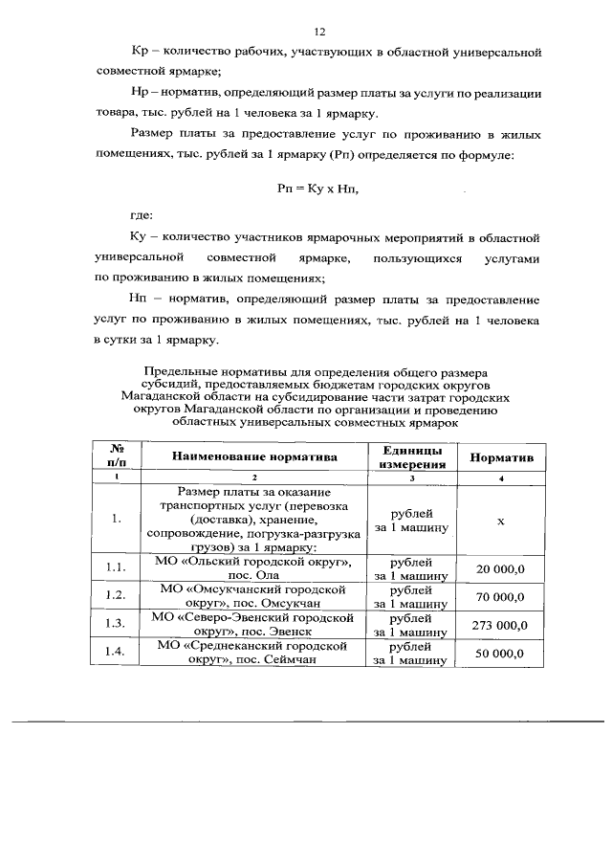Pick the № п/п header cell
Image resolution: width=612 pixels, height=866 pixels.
(x=117, y=457)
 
